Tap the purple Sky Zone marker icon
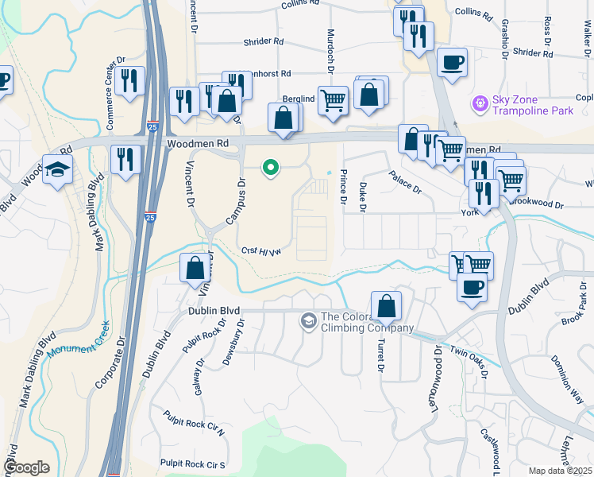click(479, 103)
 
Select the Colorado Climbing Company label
click(367, 322)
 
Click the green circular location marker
click(271, 168)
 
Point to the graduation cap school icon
click(58, 169)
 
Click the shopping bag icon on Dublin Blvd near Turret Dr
click(385, 306)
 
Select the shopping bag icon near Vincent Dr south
click(195, 269)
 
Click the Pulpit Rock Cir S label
click(193, 463)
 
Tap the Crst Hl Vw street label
click(261, 252)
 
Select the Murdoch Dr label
click(330, 48)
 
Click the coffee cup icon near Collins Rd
click(452, 62)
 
